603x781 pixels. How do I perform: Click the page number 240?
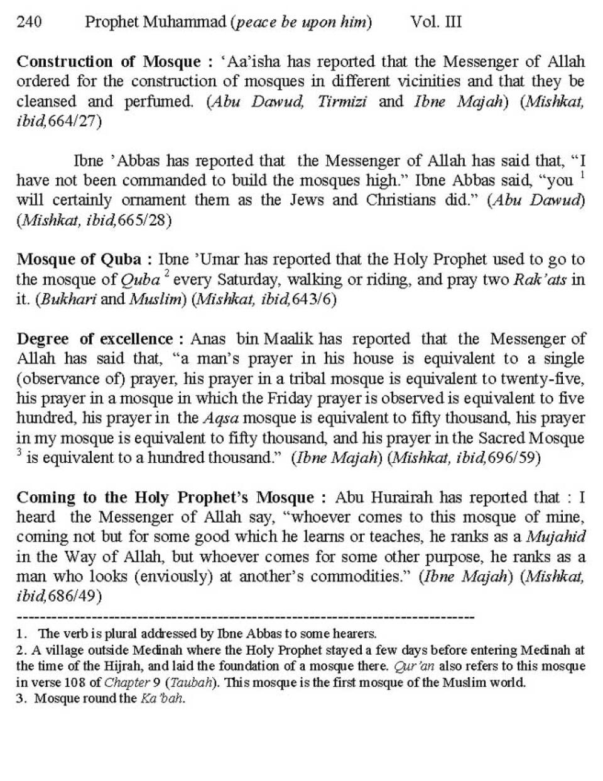tap(30, 23)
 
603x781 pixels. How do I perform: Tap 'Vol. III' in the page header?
tap(436, 23)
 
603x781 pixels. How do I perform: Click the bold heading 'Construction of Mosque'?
tap(108, 62)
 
